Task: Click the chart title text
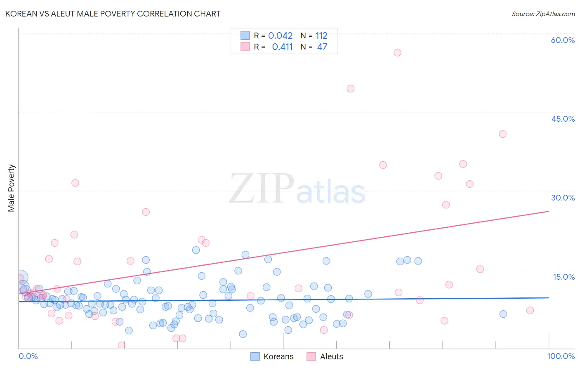(113, 14)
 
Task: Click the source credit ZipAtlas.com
(543, 14)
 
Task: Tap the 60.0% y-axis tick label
(563, 40)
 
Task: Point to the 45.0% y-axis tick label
(563, 119)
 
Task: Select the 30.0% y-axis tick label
(563, 198)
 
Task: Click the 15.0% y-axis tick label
(563, 277)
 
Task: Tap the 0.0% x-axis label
(28, 356)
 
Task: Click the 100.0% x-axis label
(561, 356)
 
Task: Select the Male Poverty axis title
(12, 188)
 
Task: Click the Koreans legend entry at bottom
(272, 356)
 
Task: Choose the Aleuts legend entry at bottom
(325, 356)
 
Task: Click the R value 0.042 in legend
(280, 36)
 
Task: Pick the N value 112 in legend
(321, 36)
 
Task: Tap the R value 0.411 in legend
(282, 47)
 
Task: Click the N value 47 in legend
(322, 47)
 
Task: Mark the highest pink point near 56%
(397, 52)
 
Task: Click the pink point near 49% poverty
(351, 89)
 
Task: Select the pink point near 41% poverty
(502, 134)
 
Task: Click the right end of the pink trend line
(549, 211)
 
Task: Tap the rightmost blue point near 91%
(503, 314)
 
